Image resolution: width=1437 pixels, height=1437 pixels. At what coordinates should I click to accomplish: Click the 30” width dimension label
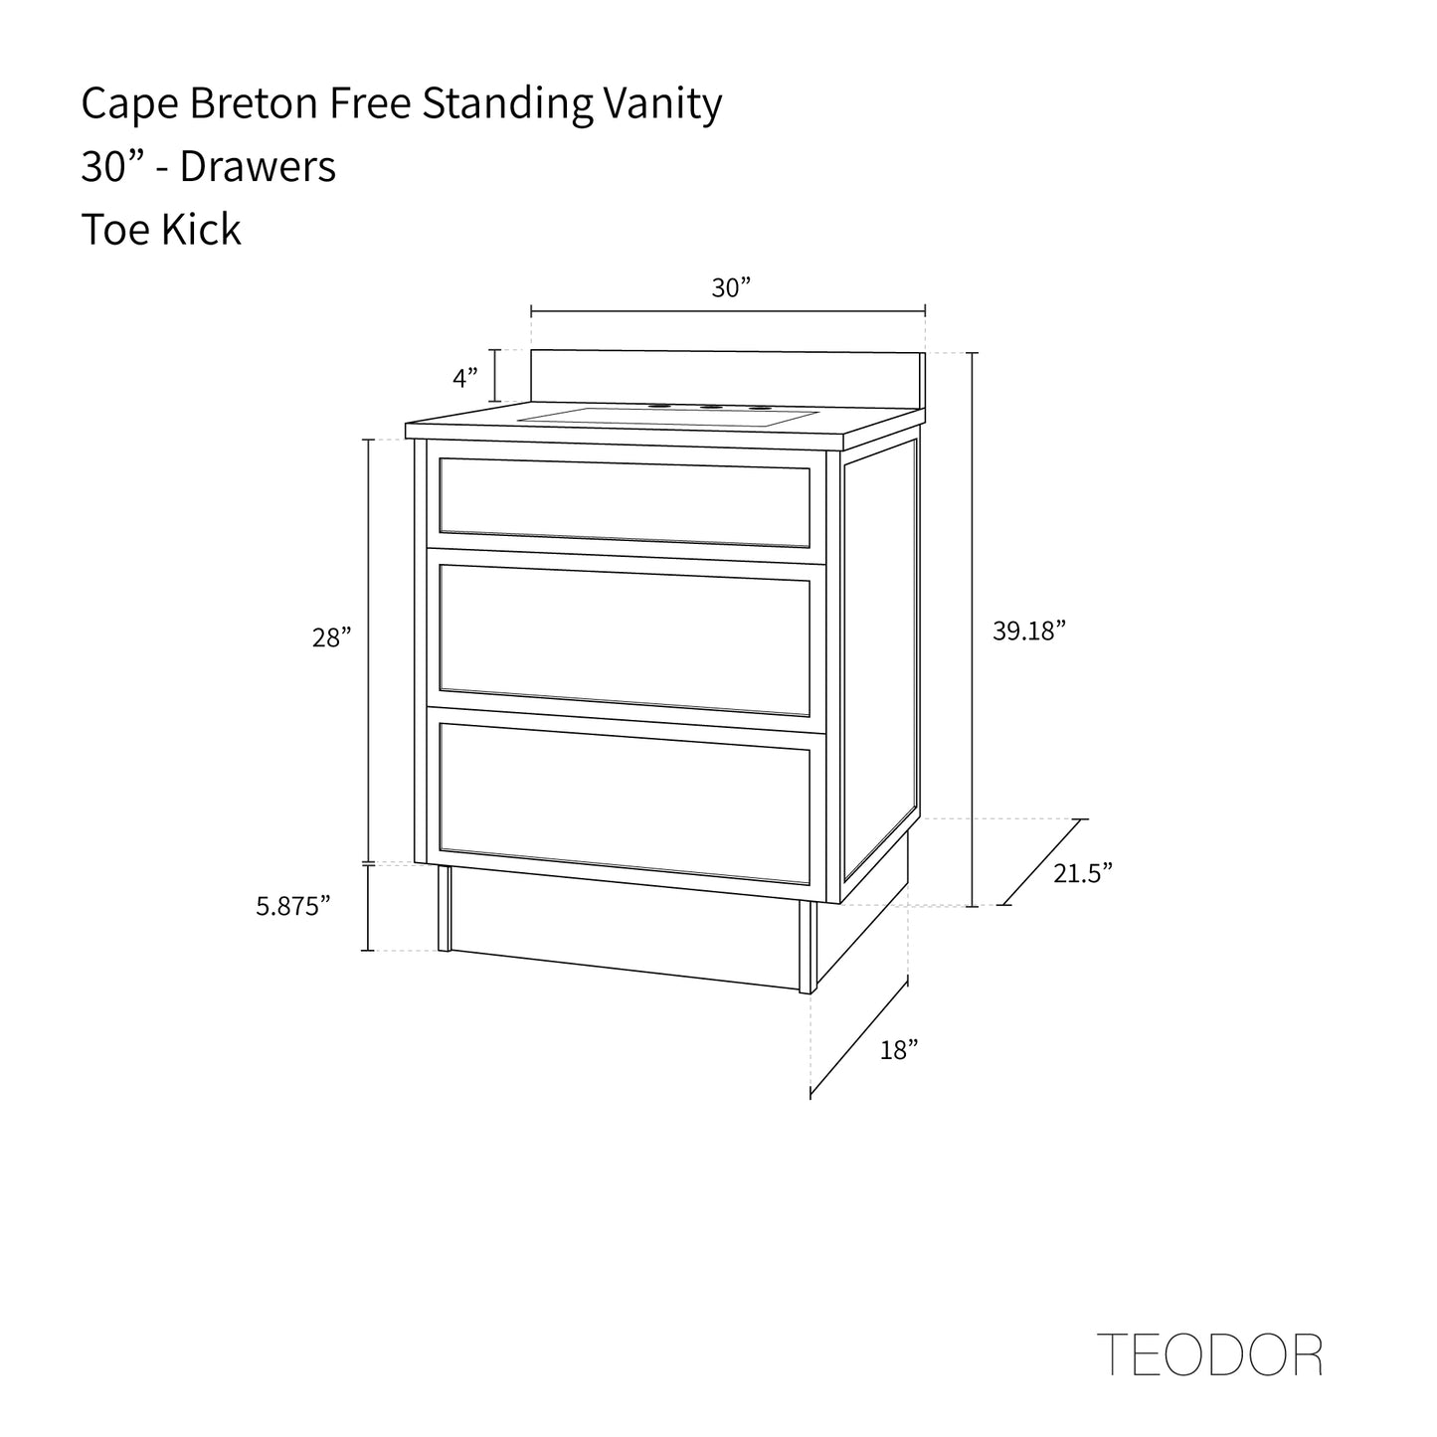pyautogui.click(x=730, y=288)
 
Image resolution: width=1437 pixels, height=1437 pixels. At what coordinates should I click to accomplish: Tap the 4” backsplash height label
pyautogui.click(x=465, y=378)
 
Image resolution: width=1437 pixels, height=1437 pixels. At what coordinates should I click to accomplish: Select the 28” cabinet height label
pyautogui.click(x=332, y=638)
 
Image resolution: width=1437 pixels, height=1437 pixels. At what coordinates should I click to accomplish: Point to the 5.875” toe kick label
pyautogui.click(x=293, y=906)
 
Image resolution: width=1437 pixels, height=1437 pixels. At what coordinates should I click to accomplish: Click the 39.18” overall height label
pyautogui.click(x=1029, y=630)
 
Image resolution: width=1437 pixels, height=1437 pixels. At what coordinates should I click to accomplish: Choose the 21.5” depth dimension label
pyautogui.click(x=1083, y=873)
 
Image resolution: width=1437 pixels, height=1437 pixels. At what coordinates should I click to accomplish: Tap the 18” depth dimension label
pyautogui.click(x=898, y=1049)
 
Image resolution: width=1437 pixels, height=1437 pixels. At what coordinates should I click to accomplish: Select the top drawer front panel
pyautogui.click(x=625, y=502)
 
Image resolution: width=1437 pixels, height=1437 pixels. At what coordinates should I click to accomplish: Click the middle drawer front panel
pyautogui.click(x=625, y=639)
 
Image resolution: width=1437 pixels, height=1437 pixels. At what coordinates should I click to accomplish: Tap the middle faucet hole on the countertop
pyautogui.click(x=710, y=408)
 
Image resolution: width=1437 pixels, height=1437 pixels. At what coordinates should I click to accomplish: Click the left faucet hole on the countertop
pyautogui.click(x=657, y=407)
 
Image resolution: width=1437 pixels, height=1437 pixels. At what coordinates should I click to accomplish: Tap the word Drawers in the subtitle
pyautogui.click(x=259, y=167)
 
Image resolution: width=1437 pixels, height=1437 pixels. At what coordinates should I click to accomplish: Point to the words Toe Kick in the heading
pyautogui.click(x=161, y=230)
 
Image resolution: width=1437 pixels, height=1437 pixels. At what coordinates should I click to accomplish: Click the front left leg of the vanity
pyautogui.click(x=445, y=908)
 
